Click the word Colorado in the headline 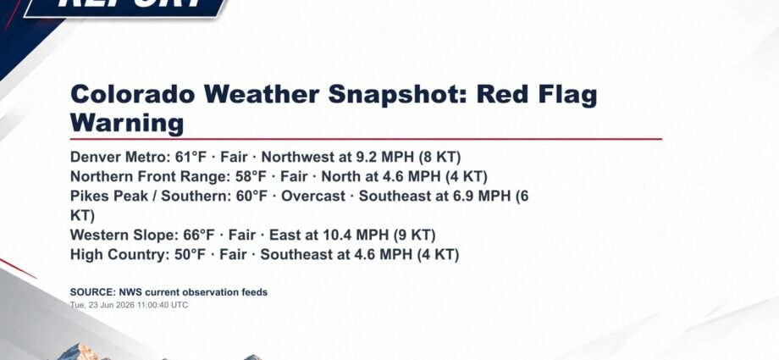(x=133, y=95)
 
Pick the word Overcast (x=313, y=196)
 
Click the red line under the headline (x=366, y=139)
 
